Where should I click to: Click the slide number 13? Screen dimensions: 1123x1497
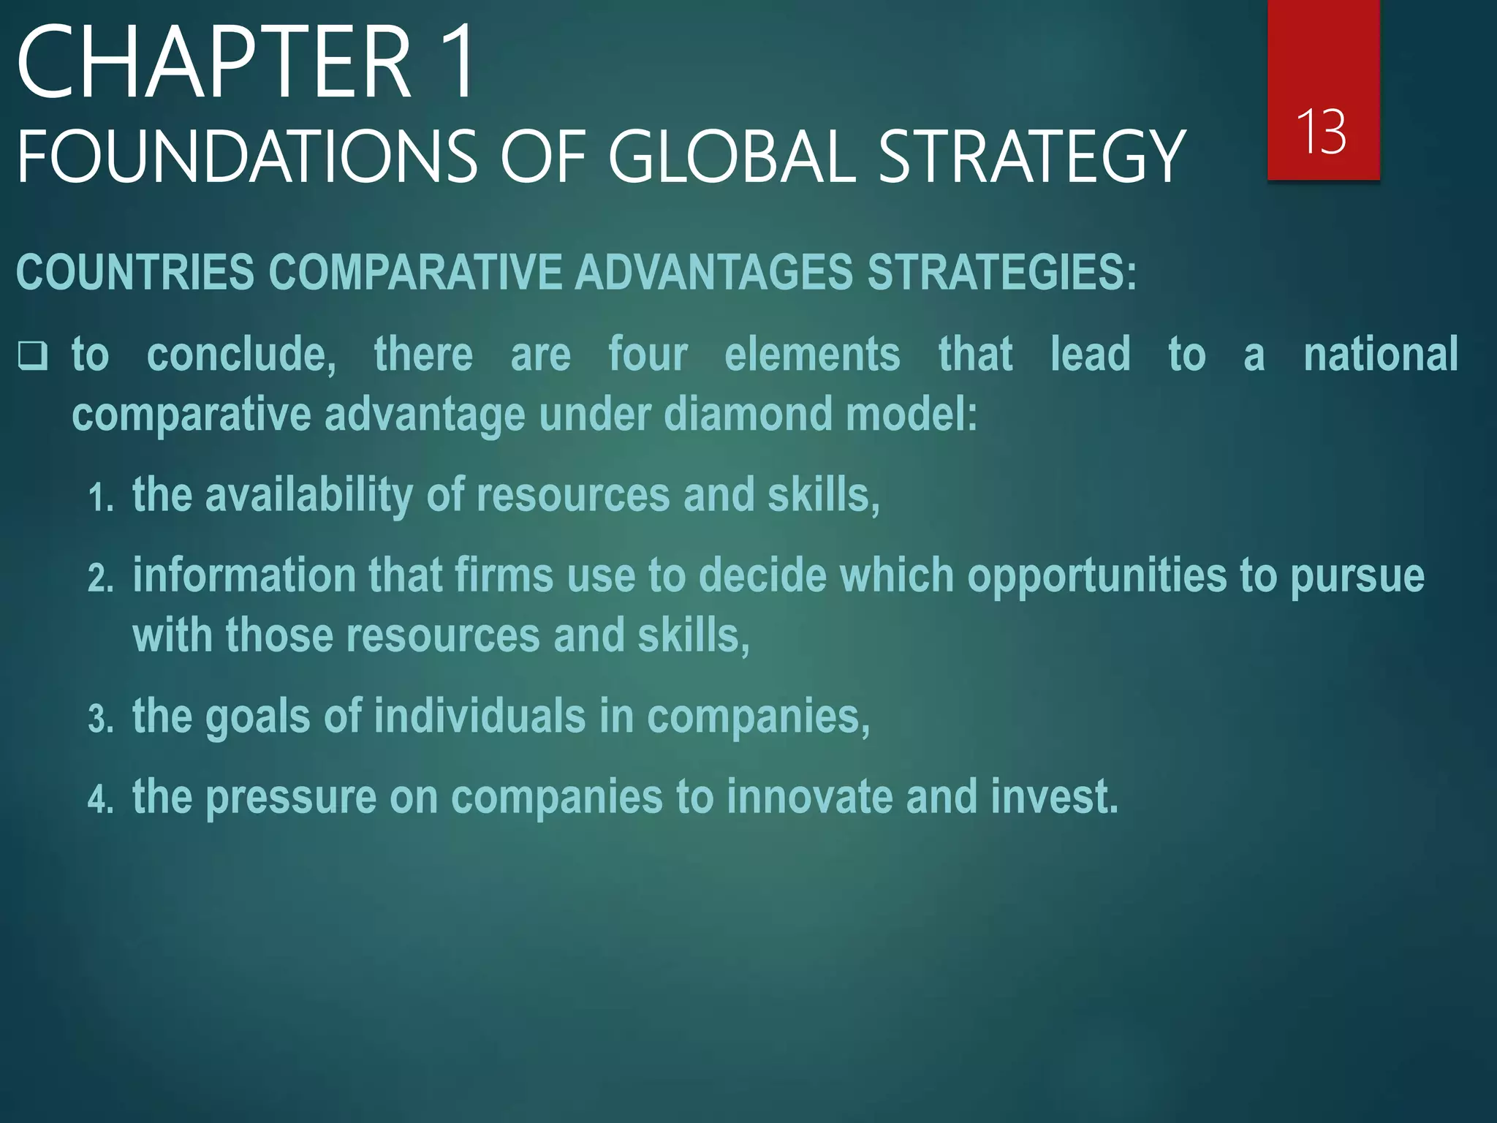1322,132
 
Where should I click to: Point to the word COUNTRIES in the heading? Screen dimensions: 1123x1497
135,272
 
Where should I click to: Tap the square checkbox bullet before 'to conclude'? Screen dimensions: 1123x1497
33,356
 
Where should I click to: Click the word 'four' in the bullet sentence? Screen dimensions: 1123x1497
648,355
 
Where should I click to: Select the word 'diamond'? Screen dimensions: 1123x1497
748,414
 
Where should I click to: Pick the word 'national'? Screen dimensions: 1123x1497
1381,355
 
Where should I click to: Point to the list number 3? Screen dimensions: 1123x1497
100,719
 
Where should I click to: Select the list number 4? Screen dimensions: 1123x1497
100,800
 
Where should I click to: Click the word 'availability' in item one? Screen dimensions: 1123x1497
308,496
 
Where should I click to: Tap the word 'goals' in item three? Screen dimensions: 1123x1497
257,716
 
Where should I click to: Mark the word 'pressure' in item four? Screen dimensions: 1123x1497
291,798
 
